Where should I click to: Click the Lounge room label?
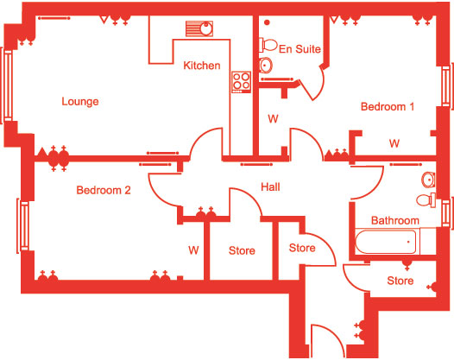80,102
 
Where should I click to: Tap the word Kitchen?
202,66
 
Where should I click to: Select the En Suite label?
300,49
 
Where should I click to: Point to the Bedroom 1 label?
388,106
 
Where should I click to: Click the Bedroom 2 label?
104,190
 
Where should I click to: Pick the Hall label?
270,186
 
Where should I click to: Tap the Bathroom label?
395,220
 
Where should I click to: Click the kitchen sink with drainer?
199,28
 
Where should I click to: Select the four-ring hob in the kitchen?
241,82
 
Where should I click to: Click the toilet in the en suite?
268,45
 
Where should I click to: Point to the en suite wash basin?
265,65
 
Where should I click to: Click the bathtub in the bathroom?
388,242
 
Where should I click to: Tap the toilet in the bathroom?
426,199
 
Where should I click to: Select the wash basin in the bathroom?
428,180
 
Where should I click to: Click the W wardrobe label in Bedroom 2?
193,250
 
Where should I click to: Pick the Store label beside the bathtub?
400,281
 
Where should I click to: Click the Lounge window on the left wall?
7,85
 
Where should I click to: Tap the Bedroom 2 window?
23,226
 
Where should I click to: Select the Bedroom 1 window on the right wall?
447,86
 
